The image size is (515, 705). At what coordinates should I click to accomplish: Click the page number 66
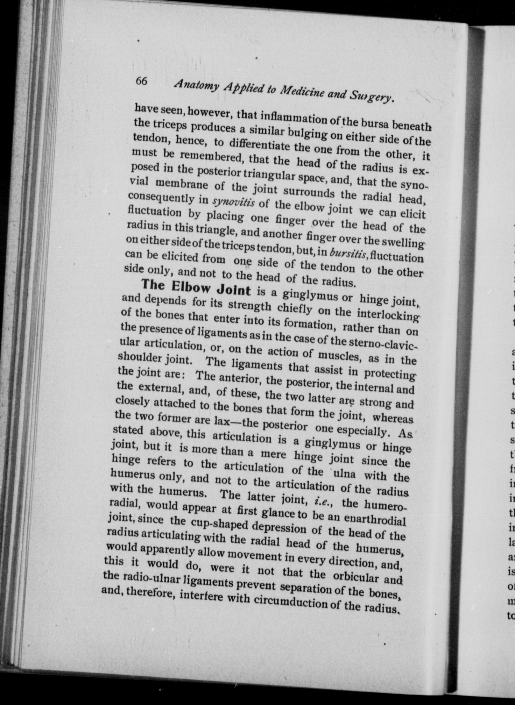(142, 81)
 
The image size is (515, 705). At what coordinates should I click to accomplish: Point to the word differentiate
(260, 145)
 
